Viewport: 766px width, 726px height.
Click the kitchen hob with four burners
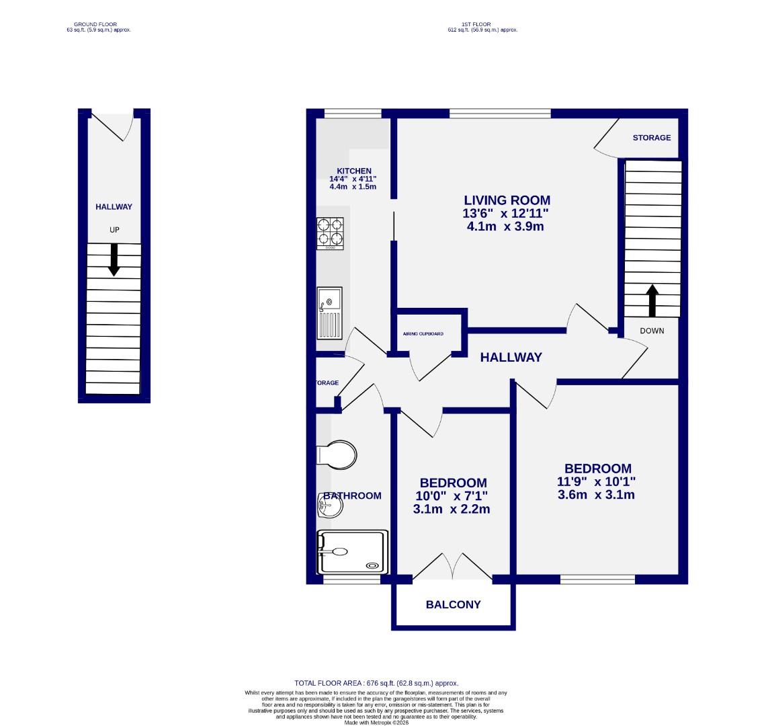point(330,233)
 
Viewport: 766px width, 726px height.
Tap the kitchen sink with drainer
point(329,313)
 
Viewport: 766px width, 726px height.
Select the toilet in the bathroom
point(336,454)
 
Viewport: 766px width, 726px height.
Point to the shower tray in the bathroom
point(353,552)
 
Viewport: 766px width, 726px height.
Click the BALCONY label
point(454,604)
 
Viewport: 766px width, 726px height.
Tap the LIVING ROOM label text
point(507,200)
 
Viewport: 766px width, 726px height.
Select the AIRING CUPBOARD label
point(423,334)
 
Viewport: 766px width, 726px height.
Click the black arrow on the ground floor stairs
point(114,259)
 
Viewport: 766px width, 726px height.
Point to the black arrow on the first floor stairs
point(652,300)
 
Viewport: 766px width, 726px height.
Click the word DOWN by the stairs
point(652,331)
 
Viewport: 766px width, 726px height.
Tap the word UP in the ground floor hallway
point(114,230)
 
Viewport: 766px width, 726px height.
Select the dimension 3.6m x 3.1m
point(596,495)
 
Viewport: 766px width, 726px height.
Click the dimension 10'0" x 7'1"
point(452,496)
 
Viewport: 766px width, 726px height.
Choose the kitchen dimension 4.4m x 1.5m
point(353,186)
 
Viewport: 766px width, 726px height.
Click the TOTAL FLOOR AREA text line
point(376,683)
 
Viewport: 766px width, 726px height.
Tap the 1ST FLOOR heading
point(482,25)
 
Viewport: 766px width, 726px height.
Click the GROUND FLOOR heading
point(95,25)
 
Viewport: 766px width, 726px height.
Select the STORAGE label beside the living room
point(651,138)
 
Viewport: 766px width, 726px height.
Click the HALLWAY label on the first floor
point(511,358)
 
